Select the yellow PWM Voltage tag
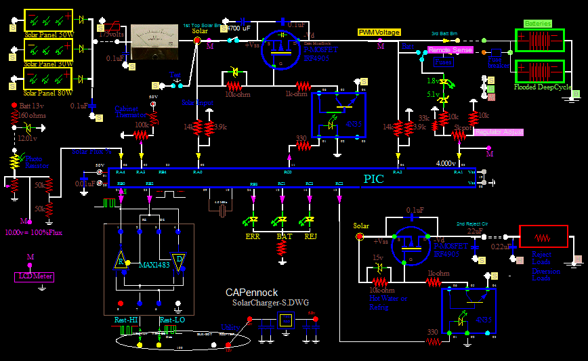pos(379,33)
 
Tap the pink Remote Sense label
pos(449,50)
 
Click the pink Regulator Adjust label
pos(499,131)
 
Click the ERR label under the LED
pos(252,236)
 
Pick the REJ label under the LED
pos(310,236)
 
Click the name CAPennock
pos(251,293)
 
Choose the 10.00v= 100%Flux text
pos(34,232)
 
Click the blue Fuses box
pos(443,62)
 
